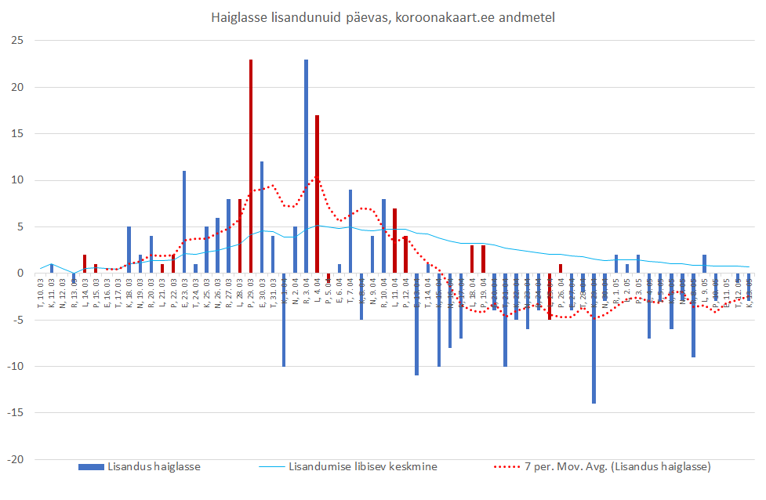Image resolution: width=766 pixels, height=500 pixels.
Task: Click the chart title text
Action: (383, 17)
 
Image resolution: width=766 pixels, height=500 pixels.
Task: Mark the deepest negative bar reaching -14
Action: (594, 338)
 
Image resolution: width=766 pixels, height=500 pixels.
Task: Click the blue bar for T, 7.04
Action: (350, 231)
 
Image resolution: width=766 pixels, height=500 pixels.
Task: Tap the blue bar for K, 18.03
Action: (129, 250)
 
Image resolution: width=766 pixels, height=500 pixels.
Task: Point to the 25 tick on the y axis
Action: (16, 41)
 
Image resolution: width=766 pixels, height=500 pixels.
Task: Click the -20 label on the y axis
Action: (15, 459)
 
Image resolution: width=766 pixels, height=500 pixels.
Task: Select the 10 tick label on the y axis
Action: (16, 180)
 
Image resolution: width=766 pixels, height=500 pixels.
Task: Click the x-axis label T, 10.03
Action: (40, 291)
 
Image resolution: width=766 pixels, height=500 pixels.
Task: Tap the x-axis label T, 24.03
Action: (195, 291)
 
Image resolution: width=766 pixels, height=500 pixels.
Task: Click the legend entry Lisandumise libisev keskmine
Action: (362, 467)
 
